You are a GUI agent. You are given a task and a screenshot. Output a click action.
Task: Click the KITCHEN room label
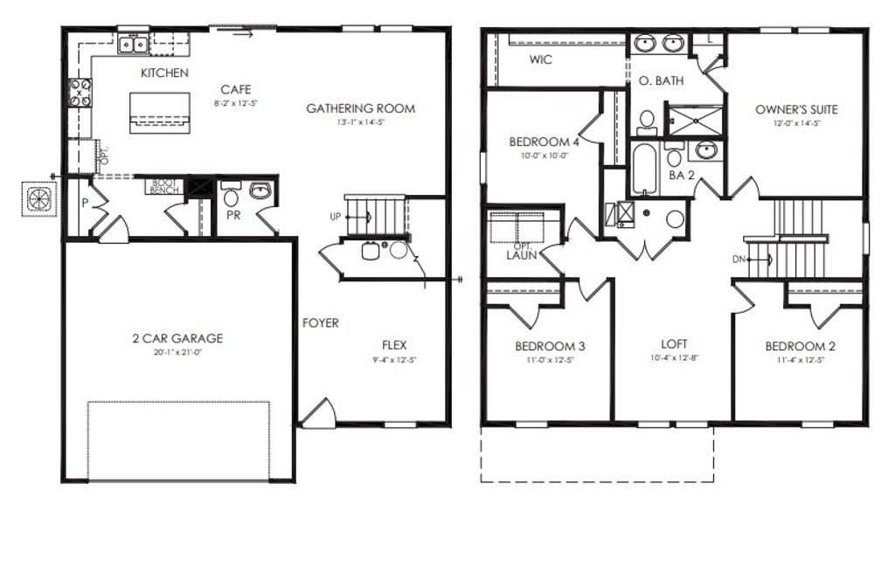(x=164, y=73)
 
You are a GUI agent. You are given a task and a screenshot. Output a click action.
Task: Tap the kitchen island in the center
(x=160, y=112)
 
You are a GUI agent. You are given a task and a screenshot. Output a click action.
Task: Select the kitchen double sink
(x=133, y=43)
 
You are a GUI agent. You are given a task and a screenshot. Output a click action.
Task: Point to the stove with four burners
(x=80, y=93)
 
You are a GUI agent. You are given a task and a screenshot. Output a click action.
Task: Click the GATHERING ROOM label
(x=360, y=108)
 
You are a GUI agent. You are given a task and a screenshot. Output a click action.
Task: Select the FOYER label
(x=321, y=323)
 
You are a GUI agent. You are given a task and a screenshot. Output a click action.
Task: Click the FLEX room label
(x=394, y=344)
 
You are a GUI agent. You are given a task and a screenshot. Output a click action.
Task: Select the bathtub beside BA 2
(x=644, y=170)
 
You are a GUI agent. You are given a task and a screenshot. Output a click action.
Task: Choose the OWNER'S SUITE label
(x=796, y=109)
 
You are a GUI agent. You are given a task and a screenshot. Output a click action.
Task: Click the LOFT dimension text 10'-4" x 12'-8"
(x=674, y=357)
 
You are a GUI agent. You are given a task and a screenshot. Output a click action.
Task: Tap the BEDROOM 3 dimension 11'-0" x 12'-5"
(x=551, y=359)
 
